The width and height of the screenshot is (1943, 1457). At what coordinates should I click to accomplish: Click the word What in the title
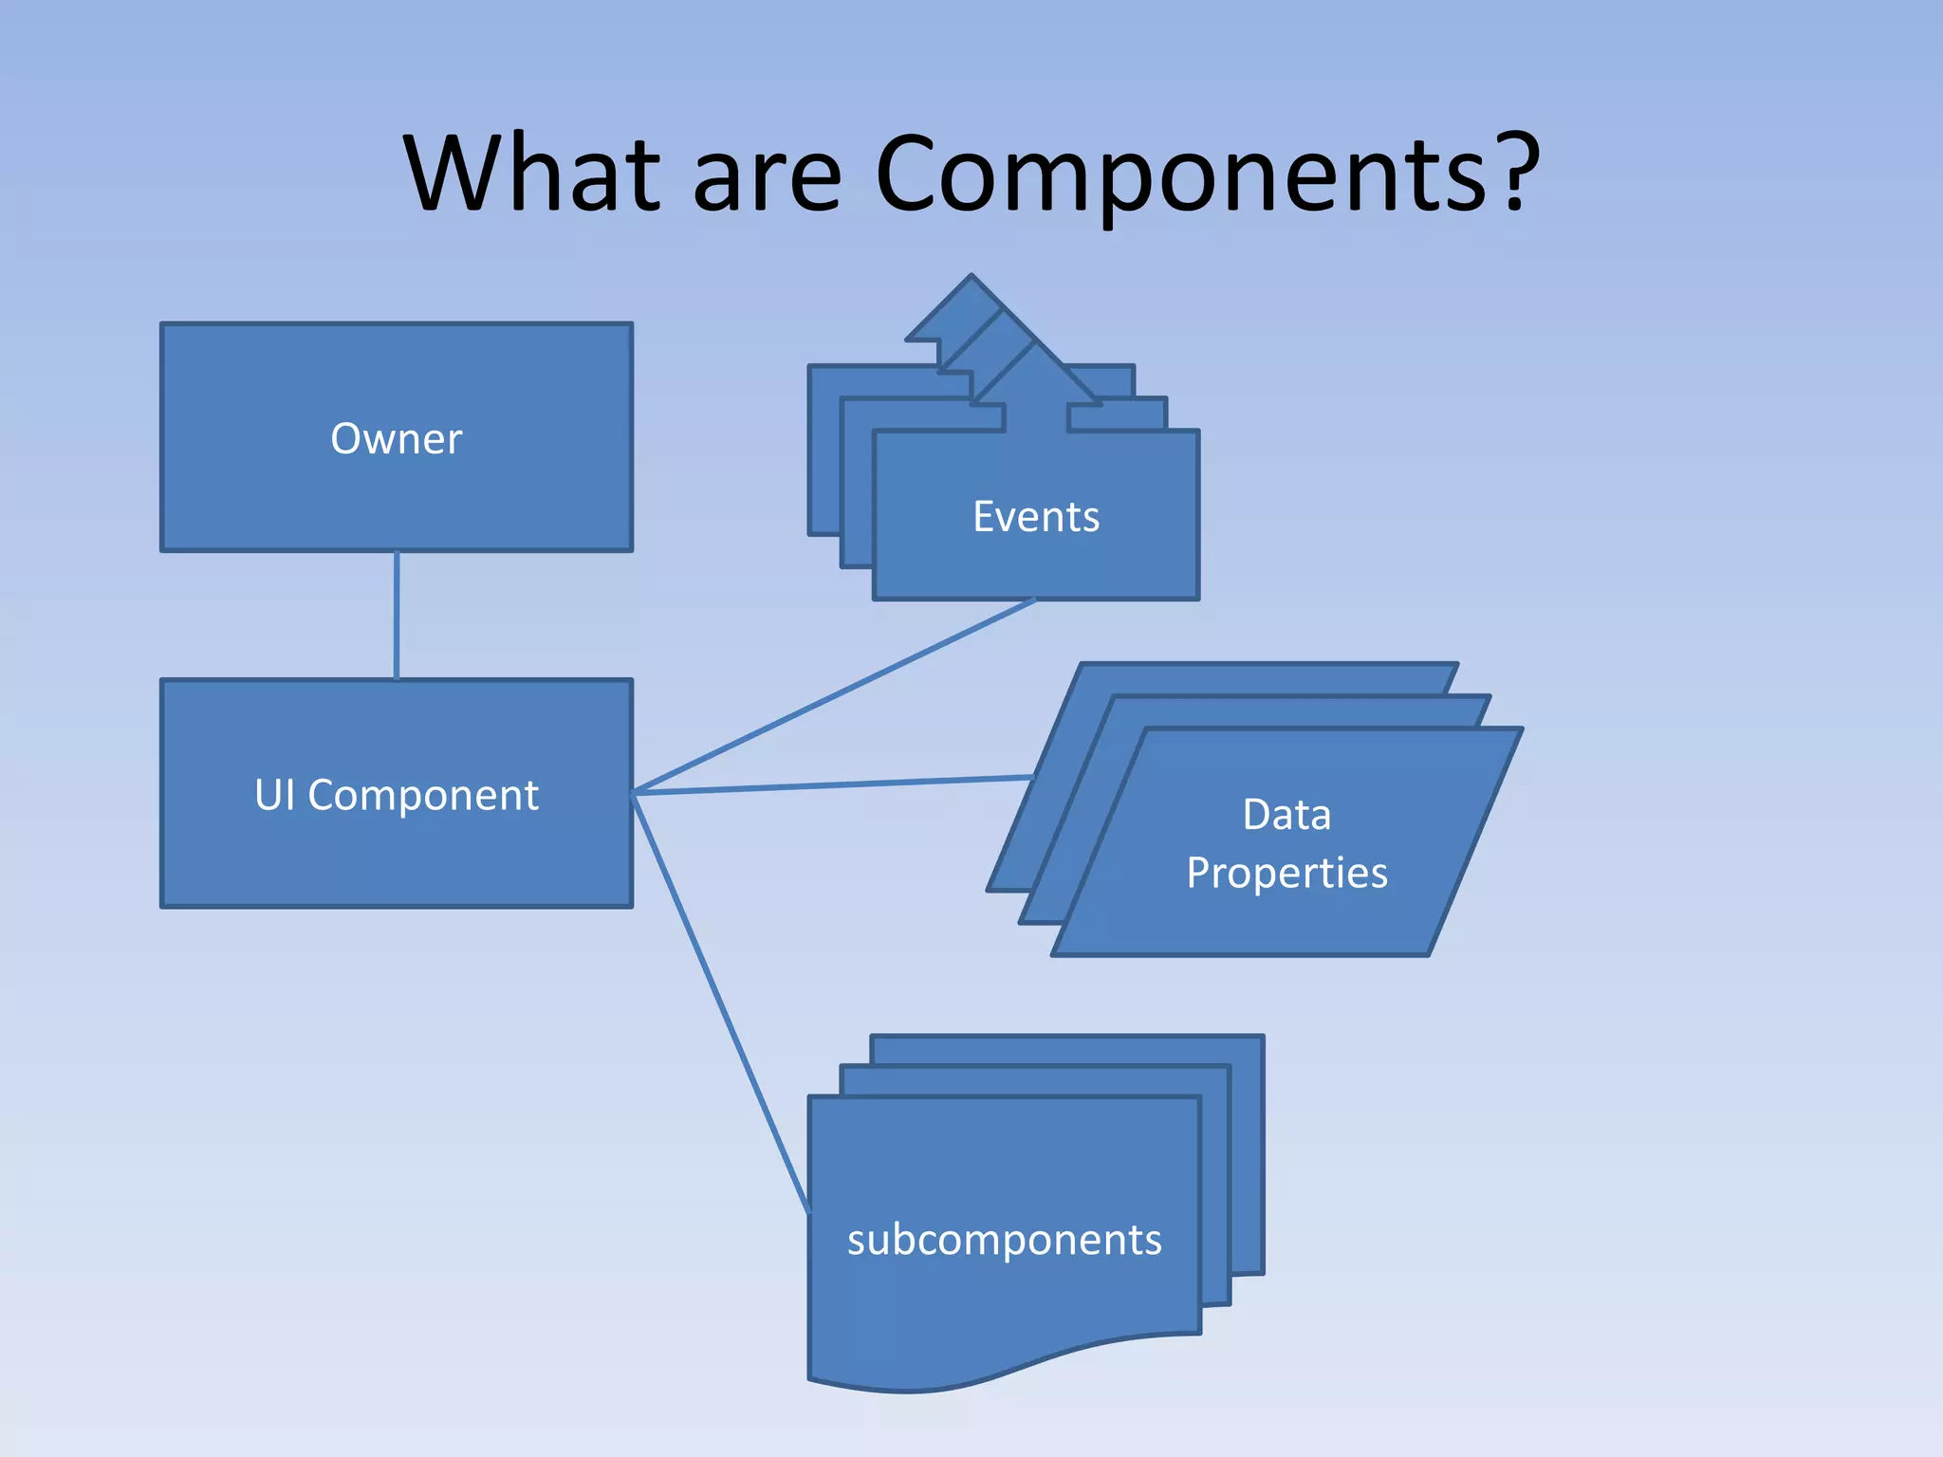[531, 173]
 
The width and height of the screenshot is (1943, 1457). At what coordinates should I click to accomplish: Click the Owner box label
[397, 439]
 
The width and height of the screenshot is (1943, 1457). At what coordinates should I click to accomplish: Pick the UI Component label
[397, 795]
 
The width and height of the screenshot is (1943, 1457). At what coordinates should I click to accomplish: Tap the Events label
[1036, 517]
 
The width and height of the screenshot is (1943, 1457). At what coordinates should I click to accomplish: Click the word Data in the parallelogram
[1286, 815]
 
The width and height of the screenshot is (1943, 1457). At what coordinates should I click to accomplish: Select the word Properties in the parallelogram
[1286, 873]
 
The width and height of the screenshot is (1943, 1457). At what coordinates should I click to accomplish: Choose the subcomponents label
[1004, 1240]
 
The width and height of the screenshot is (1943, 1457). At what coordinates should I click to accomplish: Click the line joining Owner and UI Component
[397, 615]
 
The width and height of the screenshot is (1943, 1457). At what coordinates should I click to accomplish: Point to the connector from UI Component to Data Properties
[835, 784]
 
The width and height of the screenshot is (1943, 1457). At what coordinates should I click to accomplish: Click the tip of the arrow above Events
[971, 279]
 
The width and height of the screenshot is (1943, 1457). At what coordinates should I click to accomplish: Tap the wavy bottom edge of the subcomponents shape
[1006, 1366]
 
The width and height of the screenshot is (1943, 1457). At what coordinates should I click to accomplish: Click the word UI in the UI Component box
[273, 795]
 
